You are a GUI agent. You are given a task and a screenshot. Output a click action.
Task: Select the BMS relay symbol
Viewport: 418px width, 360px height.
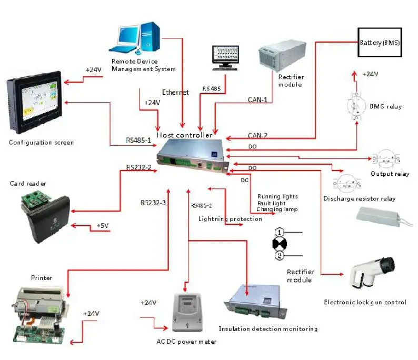click(356, 106)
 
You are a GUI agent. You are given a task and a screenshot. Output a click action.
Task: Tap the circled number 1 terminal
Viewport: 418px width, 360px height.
click(280, 232)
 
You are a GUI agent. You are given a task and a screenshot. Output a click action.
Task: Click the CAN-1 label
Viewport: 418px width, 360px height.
click(258, 99)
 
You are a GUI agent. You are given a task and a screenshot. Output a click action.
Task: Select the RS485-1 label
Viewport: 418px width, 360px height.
click(138, 141)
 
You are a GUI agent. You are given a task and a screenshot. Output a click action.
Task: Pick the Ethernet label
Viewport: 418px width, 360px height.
click(175, 93)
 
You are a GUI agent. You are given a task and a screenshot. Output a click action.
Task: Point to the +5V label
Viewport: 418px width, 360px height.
click(103, 226)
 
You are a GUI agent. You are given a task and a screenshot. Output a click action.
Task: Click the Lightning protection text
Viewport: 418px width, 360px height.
click(230, 218)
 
